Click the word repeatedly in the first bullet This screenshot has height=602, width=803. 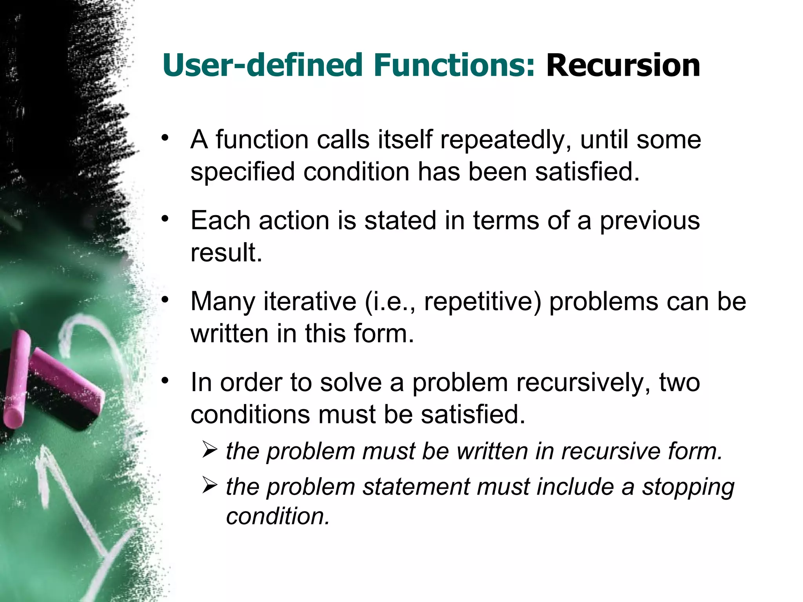pos(506,140)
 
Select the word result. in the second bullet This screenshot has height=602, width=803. pos(226,253)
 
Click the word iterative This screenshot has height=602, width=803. pos(310,302)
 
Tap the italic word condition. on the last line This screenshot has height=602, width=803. pos(278,516)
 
